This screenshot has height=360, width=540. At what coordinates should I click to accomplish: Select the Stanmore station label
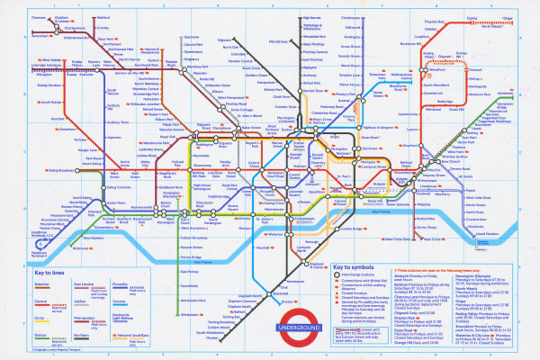tap(191, 36)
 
